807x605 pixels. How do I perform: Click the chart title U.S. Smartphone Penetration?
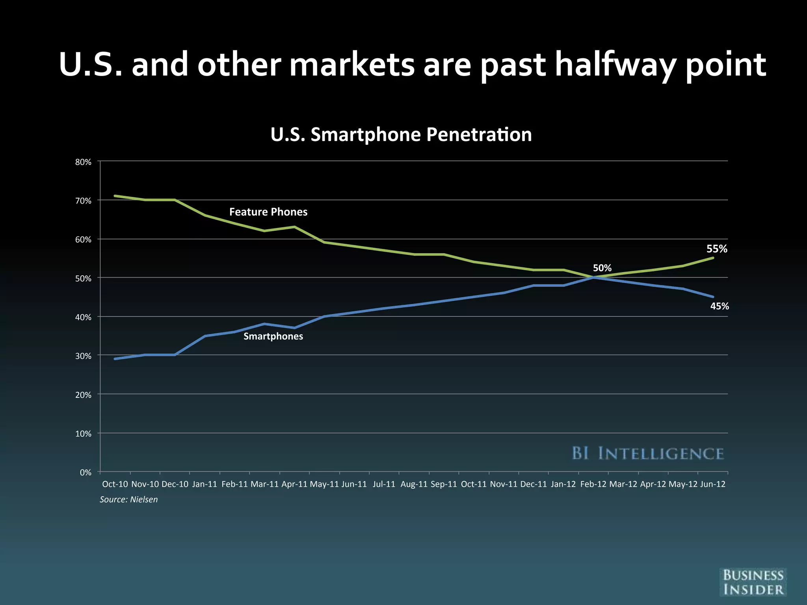tap(401, 135)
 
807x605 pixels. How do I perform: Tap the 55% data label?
tap(716, 249)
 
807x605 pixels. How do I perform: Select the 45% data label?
tap(719, 306)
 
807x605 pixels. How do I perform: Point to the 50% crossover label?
tap(602, 268)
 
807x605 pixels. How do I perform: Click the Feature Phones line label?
tap(268, 212)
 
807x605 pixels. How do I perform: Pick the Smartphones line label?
tap(273, 336)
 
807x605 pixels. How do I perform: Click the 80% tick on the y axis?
tap(83, 162)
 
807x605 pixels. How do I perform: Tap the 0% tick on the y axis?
tap(86, 472)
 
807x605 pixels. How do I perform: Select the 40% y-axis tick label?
tap(83, 317)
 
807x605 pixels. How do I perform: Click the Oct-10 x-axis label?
tap(115, 484)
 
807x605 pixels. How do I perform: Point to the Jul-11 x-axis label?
tap(384, 484)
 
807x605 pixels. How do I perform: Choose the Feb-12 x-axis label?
tap(593, 484)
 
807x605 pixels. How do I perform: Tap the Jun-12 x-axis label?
tap(712, 484)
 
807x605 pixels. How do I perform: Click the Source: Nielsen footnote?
tap(128, 499)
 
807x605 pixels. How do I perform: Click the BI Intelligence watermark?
tap(647, 453)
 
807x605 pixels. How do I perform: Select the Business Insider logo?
tap(753, 583)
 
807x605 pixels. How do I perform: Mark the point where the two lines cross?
tap(593, 277)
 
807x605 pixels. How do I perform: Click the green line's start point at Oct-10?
tap(115, 196)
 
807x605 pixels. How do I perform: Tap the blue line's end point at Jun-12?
tap(712, 297)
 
